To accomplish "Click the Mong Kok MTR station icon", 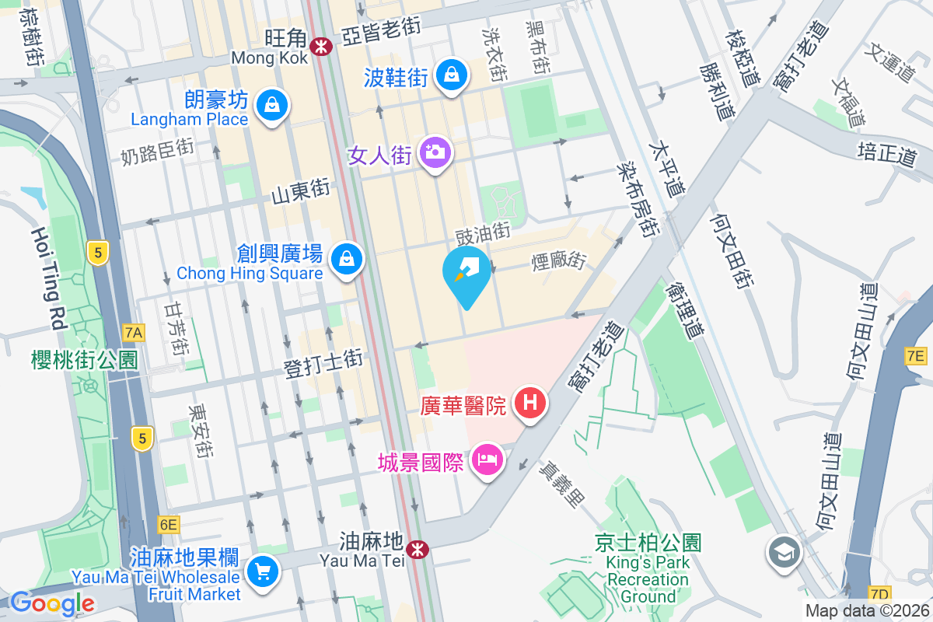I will pyautogui.click(x=319, y=47).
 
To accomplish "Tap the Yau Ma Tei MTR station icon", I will pyautogui.click(x=418, y=550).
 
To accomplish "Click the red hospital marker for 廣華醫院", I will pyautogui.click(x=530, y=403).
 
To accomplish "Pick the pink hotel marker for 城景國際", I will pyautogui.click(x=487, y=460).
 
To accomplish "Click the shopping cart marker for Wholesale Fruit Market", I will pyautogui.click(x=261, y=572).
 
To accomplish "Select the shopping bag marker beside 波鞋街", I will pyautogui.click(x=450, y=75).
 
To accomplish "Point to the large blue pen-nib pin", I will pyautogui.click(x=466, y=274).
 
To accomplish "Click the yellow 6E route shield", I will pyautogui.click(x=168, y=524).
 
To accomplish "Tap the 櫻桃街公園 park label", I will pyautogui.click(x=85, y=360).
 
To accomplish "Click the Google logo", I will pyautogui.click(x=52, y=603).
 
